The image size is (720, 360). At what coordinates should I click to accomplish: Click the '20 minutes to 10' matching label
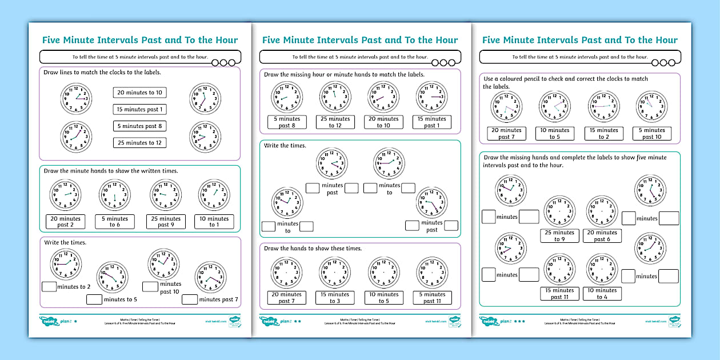click(139, 93)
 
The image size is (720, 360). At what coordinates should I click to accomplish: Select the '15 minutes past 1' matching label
click(139, 109)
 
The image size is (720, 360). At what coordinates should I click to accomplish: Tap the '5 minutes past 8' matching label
click(139, 126)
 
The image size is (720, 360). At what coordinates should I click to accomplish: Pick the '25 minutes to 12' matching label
click(139, 143)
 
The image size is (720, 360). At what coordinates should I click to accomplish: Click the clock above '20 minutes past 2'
click(65, 195)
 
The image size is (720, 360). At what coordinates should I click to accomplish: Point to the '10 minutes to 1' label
click(214, 222)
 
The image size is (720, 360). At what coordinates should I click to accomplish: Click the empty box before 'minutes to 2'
click(49, 287)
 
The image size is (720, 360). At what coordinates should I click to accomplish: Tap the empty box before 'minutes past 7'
click(190, 299)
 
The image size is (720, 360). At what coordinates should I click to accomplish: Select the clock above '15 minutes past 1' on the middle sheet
click(431, 97)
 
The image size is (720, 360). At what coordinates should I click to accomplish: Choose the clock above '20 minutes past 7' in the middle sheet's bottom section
click(286, 273)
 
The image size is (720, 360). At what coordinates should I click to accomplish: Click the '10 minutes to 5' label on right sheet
click(554, 134)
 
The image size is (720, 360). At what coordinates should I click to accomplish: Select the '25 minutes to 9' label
click(559, 235)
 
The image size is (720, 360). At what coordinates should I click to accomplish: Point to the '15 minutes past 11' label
click(559, 294)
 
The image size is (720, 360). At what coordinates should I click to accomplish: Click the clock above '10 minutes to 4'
click(602, 269)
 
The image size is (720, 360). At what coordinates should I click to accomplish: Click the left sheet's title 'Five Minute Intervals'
click(140, 40)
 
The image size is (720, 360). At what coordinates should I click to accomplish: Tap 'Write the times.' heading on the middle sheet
click(285, 146)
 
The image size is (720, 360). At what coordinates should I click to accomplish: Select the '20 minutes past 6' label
click(602, 235)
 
